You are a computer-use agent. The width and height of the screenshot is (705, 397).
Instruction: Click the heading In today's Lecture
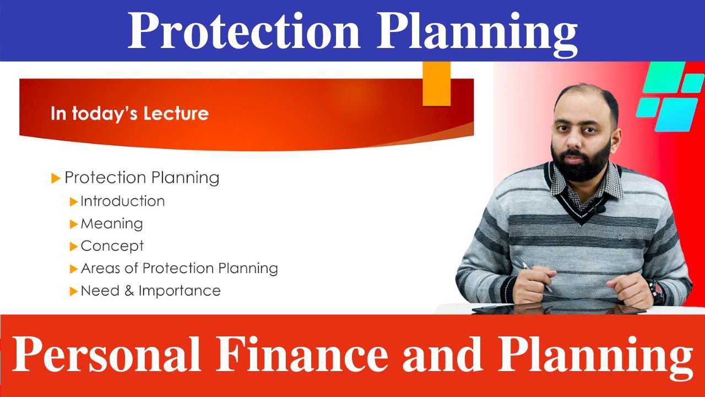129,114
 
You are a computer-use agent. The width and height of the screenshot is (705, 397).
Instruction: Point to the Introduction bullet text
122,201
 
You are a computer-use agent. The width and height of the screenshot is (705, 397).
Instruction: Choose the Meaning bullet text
112,223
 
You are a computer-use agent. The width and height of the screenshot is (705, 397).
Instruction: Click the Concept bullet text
112,246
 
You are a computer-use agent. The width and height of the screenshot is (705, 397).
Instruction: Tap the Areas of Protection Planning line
179,269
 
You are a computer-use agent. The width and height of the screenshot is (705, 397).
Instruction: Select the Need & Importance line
150,291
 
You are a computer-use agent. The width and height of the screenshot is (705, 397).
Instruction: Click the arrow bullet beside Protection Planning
55,178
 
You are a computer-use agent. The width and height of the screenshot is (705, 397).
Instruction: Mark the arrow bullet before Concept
74,246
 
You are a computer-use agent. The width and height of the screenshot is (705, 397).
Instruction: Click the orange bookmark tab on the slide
436,83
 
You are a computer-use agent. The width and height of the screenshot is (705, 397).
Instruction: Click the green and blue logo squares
669,96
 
